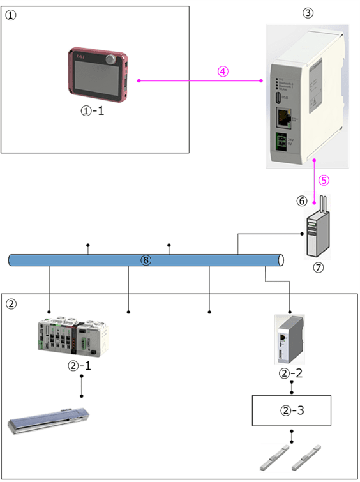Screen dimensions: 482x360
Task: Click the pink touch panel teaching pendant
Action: [x=98, y=74]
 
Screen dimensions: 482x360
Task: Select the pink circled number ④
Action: [x=221, y=72]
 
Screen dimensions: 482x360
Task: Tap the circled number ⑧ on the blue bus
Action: [x=146, y=260]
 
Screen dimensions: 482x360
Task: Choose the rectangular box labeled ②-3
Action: [x=292, y=410]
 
